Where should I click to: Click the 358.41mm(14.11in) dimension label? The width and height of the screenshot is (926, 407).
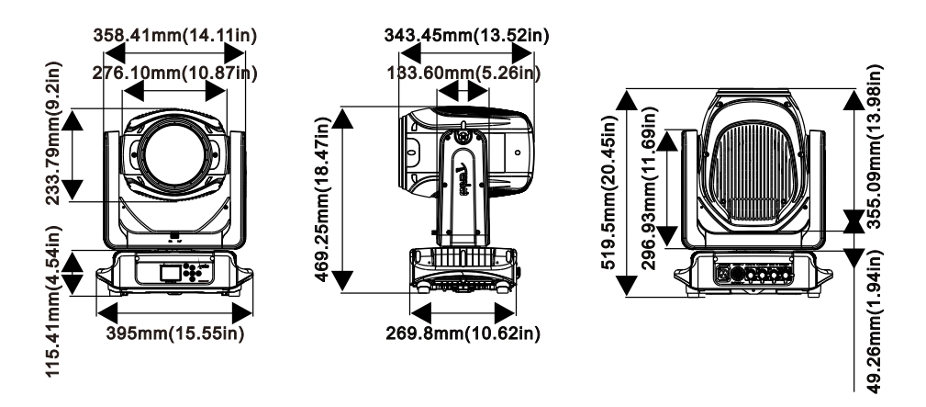click(x=174, y=36)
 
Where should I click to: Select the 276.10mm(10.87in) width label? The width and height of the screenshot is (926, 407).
click(x=174, y=73)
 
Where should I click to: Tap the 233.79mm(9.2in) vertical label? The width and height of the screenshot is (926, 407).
click(x=54, y=133)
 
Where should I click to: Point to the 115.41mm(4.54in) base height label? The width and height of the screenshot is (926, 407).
click(x=54, y=301)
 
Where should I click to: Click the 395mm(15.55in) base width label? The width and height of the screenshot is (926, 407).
click(x=174, y=334)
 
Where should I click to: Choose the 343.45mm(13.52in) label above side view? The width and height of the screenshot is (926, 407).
click(x=466, y=36)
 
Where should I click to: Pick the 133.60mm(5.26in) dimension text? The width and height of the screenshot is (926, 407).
click(x=464, y=73)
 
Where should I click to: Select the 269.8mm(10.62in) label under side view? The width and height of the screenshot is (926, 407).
click(x=463, y=334)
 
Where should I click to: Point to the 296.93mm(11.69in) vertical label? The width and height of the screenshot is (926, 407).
click(x=649, y=188)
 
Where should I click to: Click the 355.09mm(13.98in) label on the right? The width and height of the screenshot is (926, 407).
click(x=875, y=146)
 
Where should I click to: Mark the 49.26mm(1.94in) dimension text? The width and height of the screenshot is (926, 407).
click(x=875, y=322)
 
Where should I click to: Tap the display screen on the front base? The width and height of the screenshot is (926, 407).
click(x=171, y=273)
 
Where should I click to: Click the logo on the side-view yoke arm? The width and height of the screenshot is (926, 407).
click(x=463, y=178)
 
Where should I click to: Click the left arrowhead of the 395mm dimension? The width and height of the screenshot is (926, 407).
click(x=106, y=313)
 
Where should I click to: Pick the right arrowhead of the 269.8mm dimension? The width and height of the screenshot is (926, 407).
click(x=506, y=313)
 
